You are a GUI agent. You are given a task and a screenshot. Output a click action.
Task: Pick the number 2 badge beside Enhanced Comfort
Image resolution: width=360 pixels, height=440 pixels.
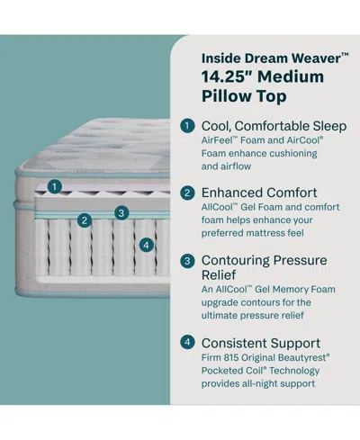tap(187, 193)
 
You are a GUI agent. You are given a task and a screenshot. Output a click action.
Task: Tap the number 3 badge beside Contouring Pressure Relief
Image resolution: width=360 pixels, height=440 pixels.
tap(187, 260)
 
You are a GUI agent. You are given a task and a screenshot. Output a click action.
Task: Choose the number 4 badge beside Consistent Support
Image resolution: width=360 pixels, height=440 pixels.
tap(187, 343)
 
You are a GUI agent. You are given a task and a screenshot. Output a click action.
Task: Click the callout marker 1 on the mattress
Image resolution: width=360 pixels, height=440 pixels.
tap(56, 186)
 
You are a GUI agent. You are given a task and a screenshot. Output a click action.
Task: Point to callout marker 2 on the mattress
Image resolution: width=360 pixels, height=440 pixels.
tap(84, 220)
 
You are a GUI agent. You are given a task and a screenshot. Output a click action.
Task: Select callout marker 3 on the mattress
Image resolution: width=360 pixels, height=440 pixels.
tap(120, 213)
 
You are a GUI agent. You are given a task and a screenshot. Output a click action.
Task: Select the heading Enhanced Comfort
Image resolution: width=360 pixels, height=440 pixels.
tap(259, 193)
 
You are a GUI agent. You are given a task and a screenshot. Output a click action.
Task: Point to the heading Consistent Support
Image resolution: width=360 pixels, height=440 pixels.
tap(262, 343)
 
